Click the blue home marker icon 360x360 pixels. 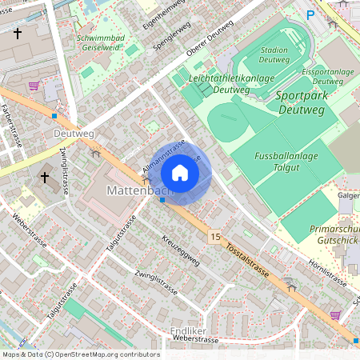tap(180, 173)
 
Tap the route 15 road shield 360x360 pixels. tap(215, 237)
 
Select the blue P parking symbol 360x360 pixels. tap(310, 14)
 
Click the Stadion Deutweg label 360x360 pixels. tap(274, 54)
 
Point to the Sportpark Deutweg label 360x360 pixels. tap(307, 102)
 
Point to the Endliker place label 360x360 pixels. tap(189, 329)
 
